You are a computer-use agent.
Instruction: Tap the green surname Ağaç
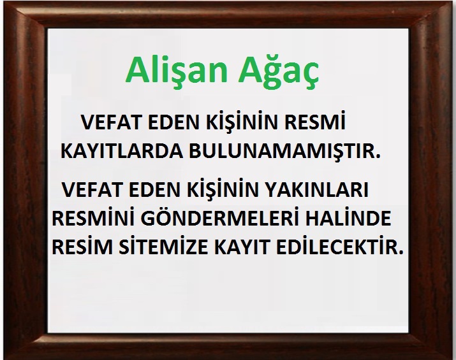click(279, 71)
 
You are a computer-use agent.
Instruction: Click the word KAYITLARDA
click(122, 151)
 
